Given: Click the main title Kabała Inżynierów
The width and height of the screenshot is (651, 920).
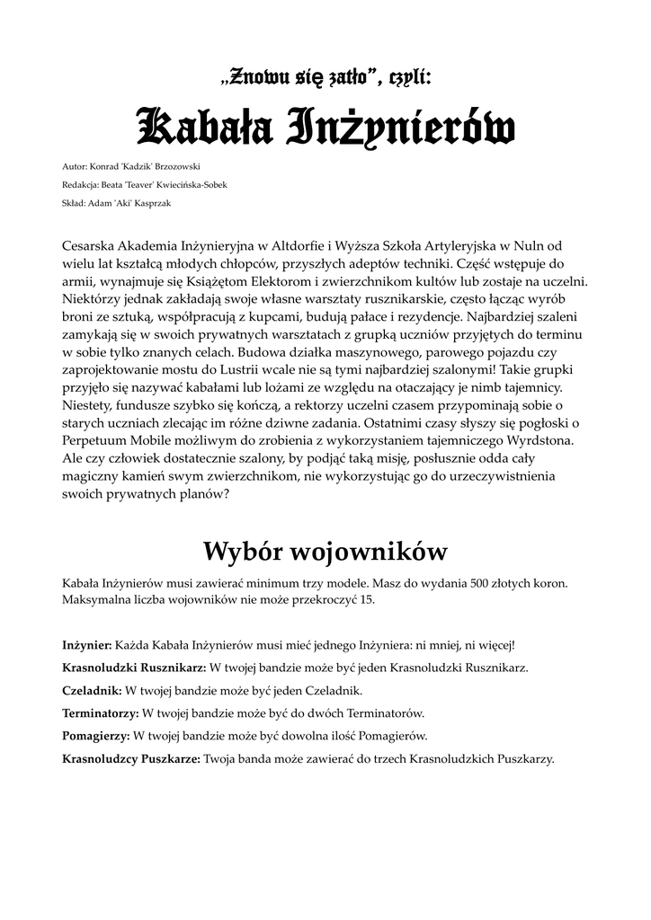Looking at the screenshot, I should pyautogui.click(x=325, y=128).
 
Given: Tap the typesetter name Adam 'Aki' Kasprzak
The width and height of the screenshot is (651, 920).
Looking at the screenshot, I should pyautogui.click(x=131, y=203).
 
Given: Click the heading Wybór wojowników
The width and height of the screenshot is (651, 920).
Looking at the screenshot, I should pyautogui.click(x=325, y=550).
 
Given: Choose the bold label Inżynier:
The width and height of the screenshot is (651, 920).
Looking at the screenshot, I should pyautogui.click(x=86, y=645).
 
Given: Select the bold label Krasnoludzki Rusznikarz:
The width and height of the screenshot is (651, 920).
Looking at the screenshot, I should pyautogui.click(x=134, y=668).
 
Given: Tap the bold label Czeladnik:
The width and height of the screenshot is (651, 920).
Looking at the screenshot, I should pyautogui.click(x=92, y=691).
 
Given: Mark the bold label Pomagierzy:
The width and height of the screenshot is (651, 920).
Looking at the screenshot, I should pyautogui.click(x=96, y=736).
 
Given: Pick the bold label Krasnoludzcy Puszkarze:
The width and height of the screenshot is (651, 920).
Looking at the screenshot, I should pyautogui.click(x=131, y=758).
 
